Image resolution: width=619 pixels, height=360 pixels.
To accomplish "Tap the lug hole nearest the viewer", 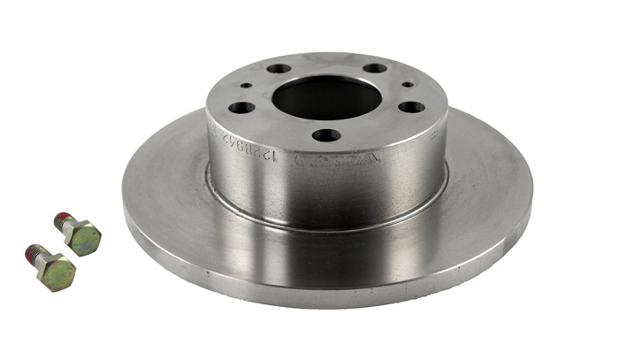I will pos(326,135).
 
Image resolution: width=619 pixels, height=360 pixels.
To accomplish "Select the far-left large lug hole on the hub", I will pos(241,108).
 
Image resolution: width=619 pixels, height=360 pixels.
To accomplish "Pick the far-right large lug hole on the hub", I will pos(411,107).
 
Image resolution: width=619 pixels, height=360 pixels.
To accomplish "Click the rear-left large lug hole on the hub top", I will pos(279,68).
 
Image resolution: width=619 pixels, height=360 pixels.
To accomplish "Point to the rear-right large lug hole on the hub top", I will pos(375,68).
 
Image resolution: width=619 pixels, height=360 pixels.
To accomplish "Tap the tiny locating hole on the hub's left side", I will pos(245,86).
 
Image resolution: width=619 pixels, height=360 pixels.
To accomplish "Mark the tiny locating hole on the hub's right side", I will pos(408,85).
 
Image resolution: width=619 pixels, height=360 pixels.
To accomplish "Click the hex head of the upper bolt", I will pos(83,238).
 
